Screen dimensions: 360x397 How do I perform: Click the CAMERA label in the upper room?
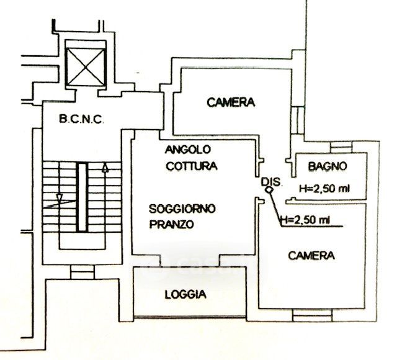click(x=231, y=102)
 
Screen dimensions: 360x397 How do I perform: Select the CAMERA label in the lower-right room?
click(x=312, y=255)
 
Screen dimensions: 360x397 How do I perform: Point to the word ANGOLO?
click(x=189, y=150)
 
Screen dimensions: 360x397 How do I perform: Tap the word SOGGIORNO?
click(x=182, y=209)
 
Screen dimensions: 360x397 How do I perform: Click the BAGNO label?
click(x=327, y=166)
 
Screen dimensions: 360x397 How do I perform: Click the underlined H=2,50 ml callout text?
click(x=305, y=219)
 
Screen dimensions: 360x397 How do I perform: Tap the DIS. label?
click(x=272, y=181)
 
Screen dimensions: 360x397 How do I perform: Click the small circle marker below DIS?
click(x=269, y=192)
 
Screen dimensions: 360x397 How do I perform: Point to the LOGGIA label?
click(x=185, y=295)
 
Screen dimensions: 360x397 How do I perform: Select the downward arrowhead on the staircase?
click(x=59, y=199)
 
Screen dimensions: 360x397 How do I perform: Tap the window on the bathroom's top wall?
click(x=341, y=147)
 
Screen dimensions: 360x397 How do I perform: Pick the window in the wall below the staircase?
click(x=81, y=272)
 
